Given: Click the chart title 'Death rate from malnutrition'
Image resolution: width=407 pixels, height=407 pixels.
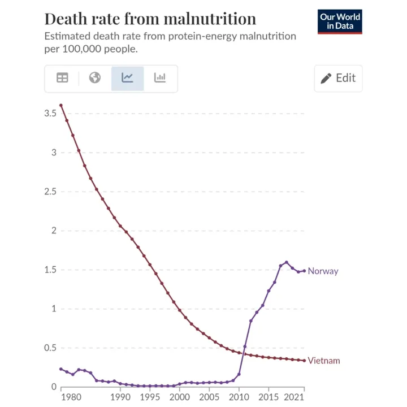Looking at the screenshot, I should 150,19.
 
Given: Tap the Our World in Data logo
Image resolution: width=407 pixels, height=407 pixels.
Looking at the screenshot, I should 340,21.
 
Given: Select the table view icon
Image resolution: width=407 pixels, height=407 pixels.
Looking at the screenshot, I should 62,78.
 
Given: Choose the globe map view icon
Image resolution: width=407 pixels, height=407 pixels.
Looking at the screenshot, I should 95,78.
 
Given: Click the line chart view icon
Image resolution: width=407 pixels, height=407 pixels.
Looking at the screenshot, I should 127,78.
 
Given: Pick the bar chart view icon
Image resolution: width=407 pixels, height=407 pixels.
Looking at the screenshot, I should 160,78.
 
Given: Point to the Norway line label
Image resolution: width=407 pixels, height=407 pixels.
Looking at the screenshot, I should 323,271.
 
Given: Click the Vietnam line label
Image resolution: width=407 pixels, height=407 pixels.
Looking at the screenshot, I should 324,361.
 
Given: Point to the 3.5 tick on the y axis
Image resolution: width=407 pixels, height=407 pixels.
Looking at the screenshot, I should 50,114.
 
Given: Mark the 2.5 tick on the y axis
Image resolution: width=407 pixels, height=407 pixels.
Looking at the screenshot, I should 50,192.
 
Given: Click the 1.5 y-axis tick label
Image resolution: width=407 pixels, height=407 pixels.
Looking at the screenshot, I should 50,270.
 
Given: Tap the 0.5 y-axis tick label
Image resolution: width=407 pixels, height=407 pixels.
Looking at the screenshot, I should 50,348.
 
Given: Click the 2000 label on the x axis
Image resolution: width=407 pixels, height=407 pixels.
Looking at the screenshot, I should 180,397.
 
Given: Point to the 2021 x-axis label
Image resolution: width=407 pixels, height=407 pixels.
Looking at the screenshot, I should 294,397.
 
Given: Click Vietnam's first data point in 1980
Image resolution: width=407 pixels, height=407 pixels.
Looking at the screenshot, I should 61,105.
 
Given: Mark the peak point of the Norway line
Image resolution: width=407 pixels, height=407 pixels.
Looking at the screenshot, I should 287,262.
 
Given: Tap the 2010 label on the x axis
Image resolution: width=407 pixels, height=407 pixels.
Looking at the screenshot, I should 239,397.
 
